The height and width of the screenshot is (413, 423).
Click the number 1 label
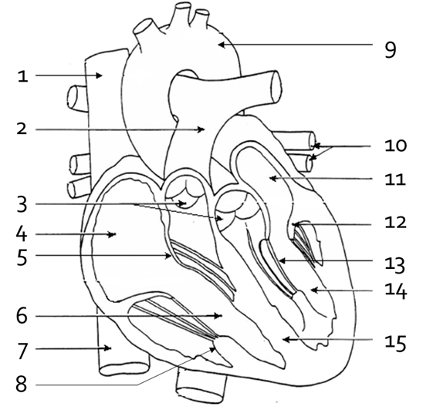tap(23, 76)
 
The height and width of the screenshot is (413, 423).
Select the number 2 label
tap(22, 129)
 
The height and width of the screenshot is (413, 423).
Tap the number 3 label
tap(22, 204)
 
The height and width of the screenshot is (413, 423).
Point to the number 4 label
tap(22, 233)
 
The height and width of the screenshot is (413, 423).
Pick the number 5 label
tap(22, 257)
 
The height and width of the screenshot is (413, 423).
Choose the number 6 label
tap(22, 315)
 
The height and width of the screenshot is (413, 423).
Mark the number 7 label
tap(22, 351)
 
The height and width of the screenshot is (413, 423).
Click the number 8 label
tap(22, 384)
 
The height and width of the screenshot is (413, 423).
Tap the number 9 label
tap(390, 50)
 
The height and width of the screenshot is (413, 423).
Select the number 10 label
tap(395, 146)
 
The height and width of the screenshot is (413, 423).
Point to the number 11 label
tap(395, 180)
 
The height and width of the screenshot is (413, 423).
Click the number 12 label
tap(395, 223)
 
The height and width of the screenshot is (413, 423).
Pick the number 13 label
tap(395, 265)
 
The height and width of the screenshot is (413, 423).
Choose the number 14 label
tap(396, 290)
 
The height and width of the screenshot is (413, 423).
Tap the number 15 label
tap(395, 343)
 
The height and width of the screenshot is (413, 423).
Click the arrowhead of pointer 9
tap(221, 45)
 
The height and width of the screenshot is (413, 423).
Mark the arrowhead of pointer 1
tap(100, 76)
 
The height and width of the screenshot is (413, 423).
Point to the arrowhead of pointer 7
tap(108, 348)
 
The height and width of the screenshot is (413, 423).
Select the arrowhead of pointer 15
tap(286, 340)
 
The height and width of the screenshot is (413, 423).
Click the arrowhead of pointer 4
tap(112, 234)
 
